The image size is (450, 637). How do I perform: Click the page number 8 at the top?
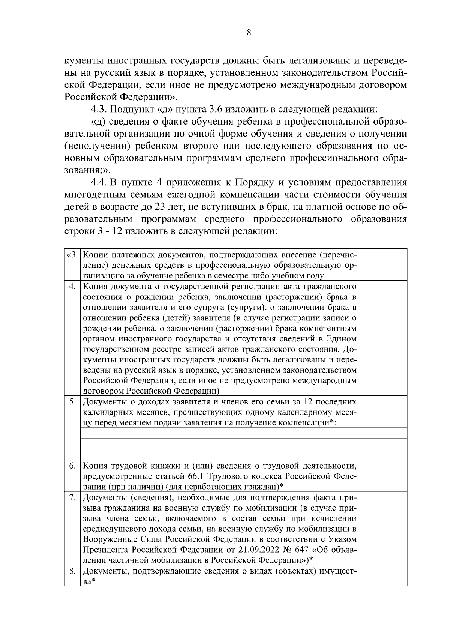click(x=249, y=32)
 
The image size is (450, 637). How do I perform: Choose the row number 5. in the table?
click(x=73, y=402)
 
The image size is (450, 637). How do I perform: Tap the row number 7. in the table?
click(x=73, y=498)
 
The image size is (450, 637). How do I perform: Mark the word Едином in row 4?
click(x=341, y=339)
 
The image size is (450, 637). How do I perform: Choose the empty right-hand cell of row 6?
click(x=383, y=476)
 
